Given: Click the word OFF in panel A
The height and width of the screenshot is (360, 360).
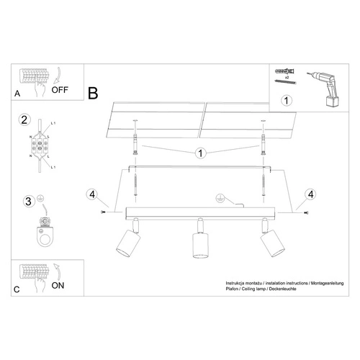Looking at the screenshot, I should (61, 91).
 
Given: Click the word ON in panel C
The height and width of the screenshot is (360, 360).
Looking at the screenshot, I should (60, 285).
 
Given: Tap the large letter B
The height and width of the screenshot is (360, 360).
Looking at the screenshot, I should (93, 93).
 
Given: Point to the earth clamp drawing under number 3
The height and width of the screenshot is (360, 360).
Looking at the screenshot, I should (48, 230).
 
